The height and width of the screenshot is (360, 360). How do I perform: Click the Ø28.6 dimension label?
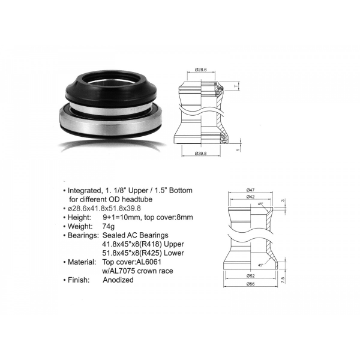200,70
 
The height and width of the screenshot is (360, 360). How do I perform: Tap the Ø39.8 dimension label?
200,154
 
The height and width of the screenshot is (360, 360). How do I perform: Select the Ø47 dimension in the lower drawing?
250,190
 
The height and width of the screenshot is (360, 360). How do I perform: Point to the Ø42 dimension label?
250,197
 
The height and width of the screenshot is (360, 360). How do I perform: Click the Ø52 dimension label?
250,276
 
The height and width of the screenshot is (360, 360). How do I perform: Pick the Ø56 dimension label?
250,284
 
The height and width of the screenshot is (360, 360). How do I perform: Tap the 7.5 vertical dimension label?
283,280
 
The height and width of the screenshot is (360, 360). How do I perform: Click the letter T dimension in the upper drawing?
236,86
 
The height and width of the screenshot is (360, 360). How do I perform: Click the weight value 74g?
109,227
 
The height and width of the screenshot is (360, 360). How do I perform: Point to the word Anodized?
118,280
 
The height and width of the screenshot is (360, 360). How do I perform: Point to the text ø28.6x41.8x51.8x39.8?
104,208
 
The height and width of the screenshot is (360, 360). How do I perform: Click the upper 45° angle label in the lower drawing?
260,204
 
